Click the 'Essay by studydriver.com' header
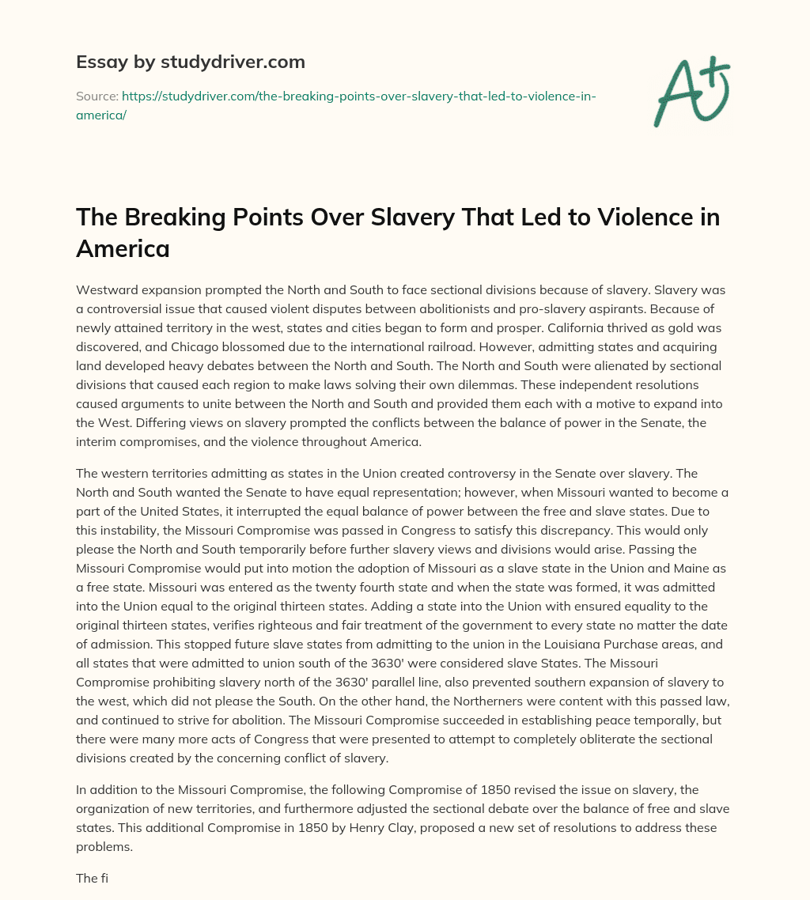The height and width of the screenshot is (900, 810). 191,62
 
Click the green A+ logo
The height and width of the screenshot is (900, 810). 691,93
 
